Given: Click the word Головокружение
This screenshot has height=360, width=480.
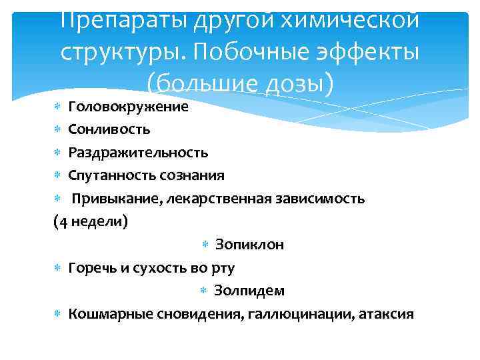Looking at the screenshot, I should coord(128,107).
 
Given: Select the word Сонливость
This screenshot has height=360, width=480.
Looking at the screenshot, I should coord(109,129).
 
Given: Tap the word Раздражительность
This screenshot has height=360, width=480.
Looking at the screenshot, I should coord(138,153).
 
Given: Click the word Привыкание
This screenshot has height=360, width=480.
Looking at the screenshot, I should coord(115,199).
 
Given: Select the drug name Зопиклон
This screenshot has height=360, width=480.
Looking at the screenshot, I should coord(250,245).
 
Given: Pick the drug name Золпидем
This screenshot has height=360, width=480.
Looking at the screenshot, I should coord(249,291).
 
